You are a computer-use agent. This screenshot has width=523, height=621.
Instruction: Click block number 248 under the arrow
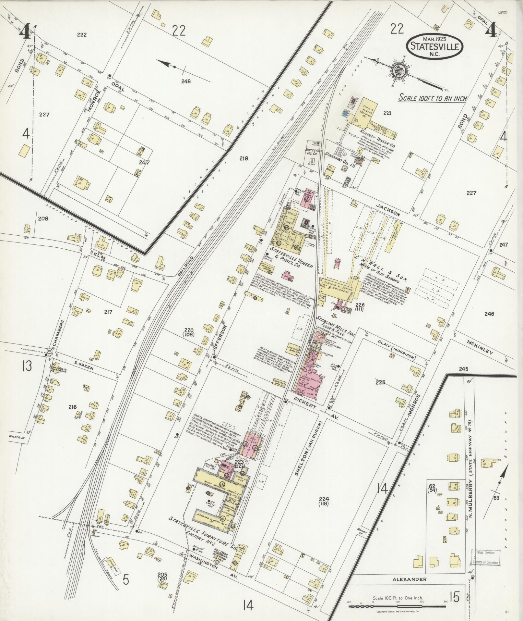[x=186, y=81]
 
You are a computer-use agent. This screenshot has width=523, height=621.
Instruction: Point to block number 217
[x=108, y=312]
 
